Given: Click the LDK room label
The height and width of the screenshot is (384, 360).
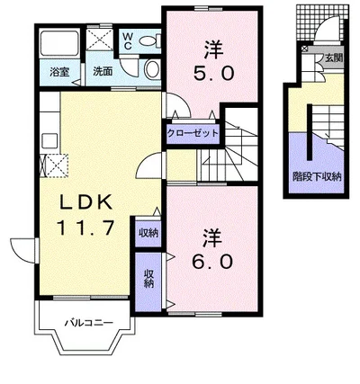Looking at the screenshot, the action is click(86, 202).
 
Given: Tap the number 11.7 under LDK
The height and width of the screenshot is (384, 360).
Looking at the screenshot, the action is click(85, 228).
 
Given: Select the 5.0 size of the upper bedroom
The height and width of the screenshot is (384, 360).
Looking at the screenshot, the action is click(213, 73).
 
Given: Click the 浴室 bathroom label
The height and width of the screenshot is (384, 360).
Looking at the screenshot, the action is click(59, 72).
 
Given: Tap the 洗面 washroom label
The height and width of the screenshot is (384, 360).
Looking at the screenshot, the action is click(103, 72).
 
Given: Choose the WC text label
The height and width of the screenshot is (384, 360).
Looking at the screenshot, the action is click(128, 41).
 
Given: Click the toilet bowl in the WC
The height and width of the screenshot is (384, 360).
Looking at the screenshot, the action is click(148, 40).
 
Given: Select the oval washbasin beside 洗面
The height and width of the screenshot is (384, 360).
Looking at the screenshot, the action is click(153, 68).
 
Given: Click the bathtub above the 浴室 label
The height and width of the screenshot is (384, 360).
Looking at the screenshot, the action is click(59, 43).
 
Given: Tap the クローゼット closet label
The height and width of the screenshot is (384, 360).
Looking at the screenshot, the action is click(193, 133).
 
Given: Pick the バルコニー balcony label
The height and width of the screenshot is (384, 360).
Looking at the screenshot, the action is click(89, 323).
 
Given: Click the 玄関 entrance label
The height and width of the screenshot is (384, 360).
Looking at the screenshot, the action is click(334, 58).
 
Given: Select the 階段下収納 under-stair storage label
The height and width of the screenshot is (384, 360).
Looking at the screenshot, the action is click(317, 176).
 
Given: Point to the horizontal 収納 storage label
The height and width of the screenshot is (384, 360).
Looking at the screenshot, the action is click(148, 233).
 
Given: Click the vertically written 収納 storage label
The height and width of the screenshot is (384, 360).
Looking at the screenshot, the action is click(148, 279).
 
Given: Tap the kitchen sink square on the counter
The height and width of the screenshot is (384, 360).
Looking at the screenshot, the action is click(49, 140).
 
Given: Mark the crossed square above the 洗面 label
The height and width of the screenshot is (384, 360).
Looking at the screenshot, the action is click(100, 40).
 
